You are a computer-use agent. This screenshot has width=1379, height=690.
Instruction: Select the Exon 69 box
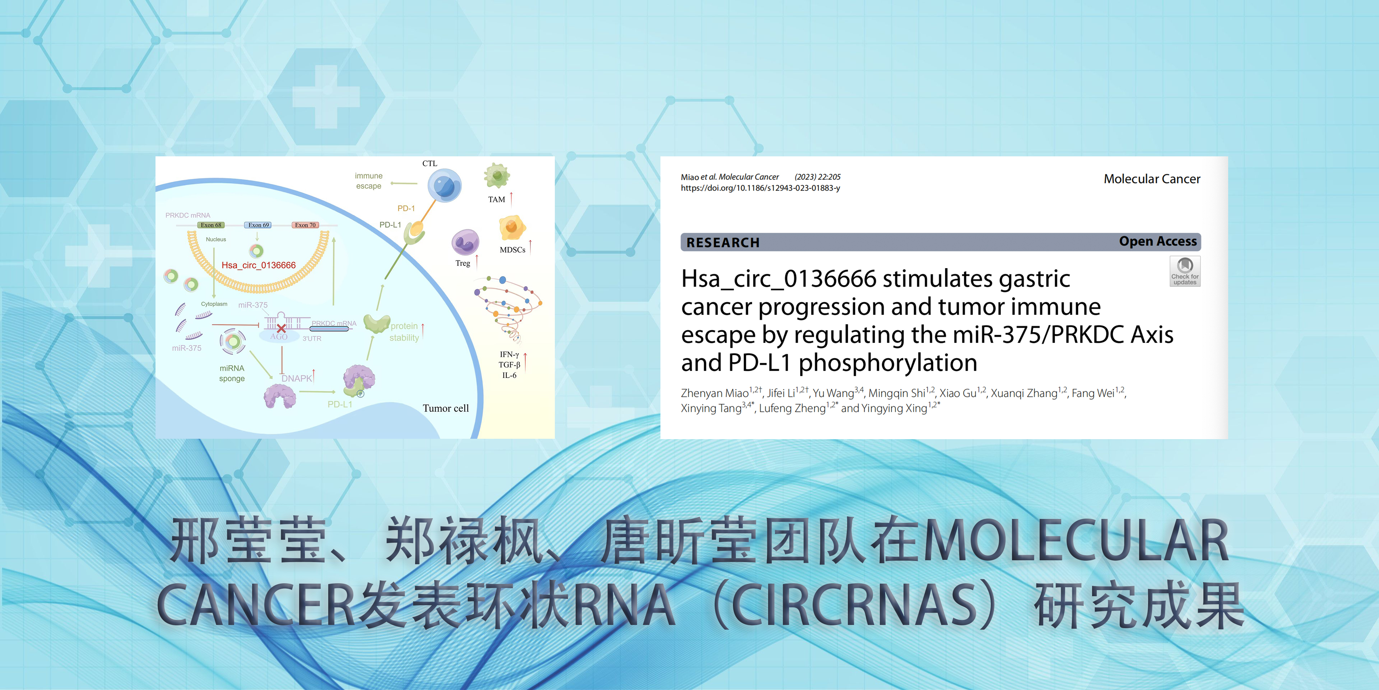pos(259,225)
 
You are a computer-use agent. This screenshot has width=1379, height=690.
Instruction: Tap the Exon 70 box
pos(305,225)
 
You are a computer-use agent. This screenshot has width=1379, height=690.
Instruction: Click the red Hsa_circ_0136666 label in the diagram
pos(259,265)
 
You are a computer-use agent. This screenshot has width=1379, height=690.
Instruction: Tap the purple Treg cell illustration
pos(465,242)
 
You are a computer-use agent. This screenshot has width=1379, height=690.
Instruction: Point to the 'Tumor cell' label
pos(445,408)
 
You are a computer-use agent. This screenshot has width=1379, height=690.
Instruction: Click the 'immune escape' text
pos(369,181)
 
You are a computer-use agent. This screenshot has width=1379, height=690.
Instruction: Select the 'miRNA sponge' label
pos(232,373)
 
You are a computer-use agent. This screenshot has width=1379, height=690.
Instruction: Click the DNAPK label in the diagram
pos(297,378)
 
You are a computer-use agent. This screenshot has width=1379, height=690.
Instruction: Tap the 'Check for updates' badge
pos(1185,271)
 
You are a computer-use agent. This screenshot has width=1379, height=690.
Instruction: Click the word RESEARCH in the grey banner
pos(723,243)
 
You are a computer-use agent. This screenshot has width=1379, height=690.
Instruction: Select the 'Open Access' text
pos(1158,241)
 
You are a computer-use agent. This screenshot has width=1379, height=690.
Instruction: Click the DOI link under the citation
pos(760,188)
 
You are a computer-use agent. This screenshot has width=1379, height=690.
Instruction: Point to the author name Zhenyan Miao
pos(715,393)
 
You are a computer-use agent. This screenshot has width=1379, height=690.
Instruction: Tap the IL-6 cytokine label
pos(509,376)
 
